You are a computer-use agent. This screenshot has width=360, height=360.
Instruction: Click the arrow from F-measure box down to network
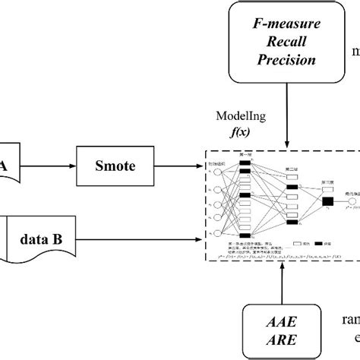(286, 114)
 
